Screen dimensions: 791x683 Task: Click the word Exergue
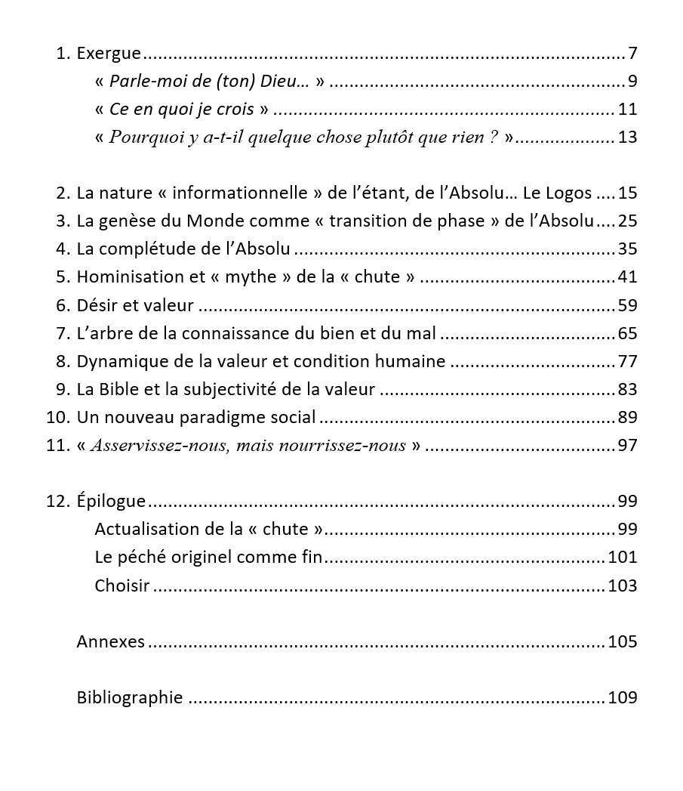coord(109,54)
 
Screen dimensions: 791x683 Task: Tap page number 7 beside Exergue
coord(632,54)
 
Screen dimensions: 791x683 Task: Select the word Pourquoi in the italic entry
coord(142,137)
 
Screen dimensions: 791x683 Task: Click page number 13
coord(627,137)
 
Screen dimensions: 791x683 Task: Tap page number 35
coord(627,249)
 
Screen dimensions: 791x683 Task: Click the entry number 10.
coord(57,417)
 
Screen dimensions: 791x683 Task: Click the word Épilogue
coord(111,502)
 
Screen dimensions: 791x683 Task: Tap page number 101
coord(623,558)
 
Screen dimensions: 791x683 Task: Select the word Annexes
coord(110,641)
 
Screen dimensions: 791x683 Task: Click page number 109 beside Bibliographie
coord(623,697)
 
